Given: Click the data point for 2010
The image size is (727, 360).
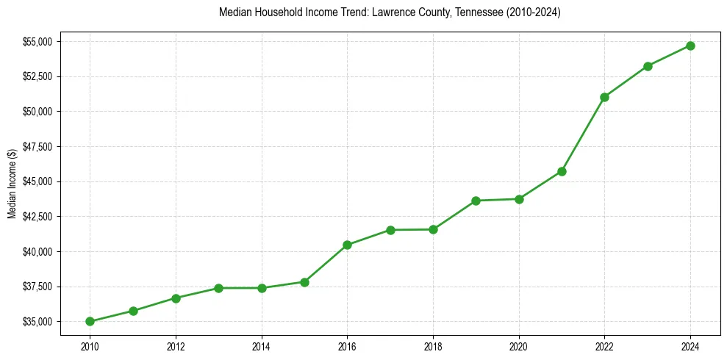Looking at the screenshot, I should [x=90, y=321].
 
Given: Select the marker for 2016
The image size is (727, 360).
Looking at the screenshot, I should [x=347, y=245].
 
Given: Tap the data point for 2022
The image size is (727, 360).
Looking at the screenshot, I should [x=604, y=97].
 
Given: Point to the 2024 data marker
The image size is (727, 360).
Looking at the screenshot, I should [x=690, y=46].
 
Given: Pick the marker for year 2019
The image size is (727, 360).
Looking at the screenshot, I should [x=476, y=201].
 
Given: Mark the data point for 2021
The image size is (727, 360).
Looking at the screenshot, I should [x=562, y=171].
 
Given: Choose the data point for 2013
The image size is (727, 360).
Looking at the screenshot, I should [x=218, y=288].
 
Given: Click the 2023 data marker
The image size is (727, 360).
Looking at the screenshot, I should [x=648, y=66].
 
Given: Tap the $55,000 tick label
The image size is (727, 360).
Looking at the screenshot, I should [x=37, y=41].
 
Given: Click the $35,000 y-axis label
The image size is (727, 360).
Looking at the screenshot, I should [x=37, y=322].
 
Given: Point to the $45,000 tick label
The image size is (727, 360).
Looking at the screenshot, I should [x=37, y=181].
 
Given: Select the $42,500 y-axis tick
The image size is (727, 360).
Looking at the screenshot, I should [x=37, y=217].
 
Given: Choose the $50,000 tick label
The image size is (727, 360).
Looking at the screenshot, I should [x=37, y=112].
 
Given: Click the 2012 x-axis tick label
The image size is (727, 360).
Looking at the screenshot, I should [x=176, y=345].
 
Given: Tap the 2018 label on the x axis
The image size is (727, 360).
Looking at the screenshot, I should [x=433, y=345].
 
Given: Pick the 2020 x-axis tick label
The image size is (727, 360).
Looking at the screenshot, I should [x=519, y=345].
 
